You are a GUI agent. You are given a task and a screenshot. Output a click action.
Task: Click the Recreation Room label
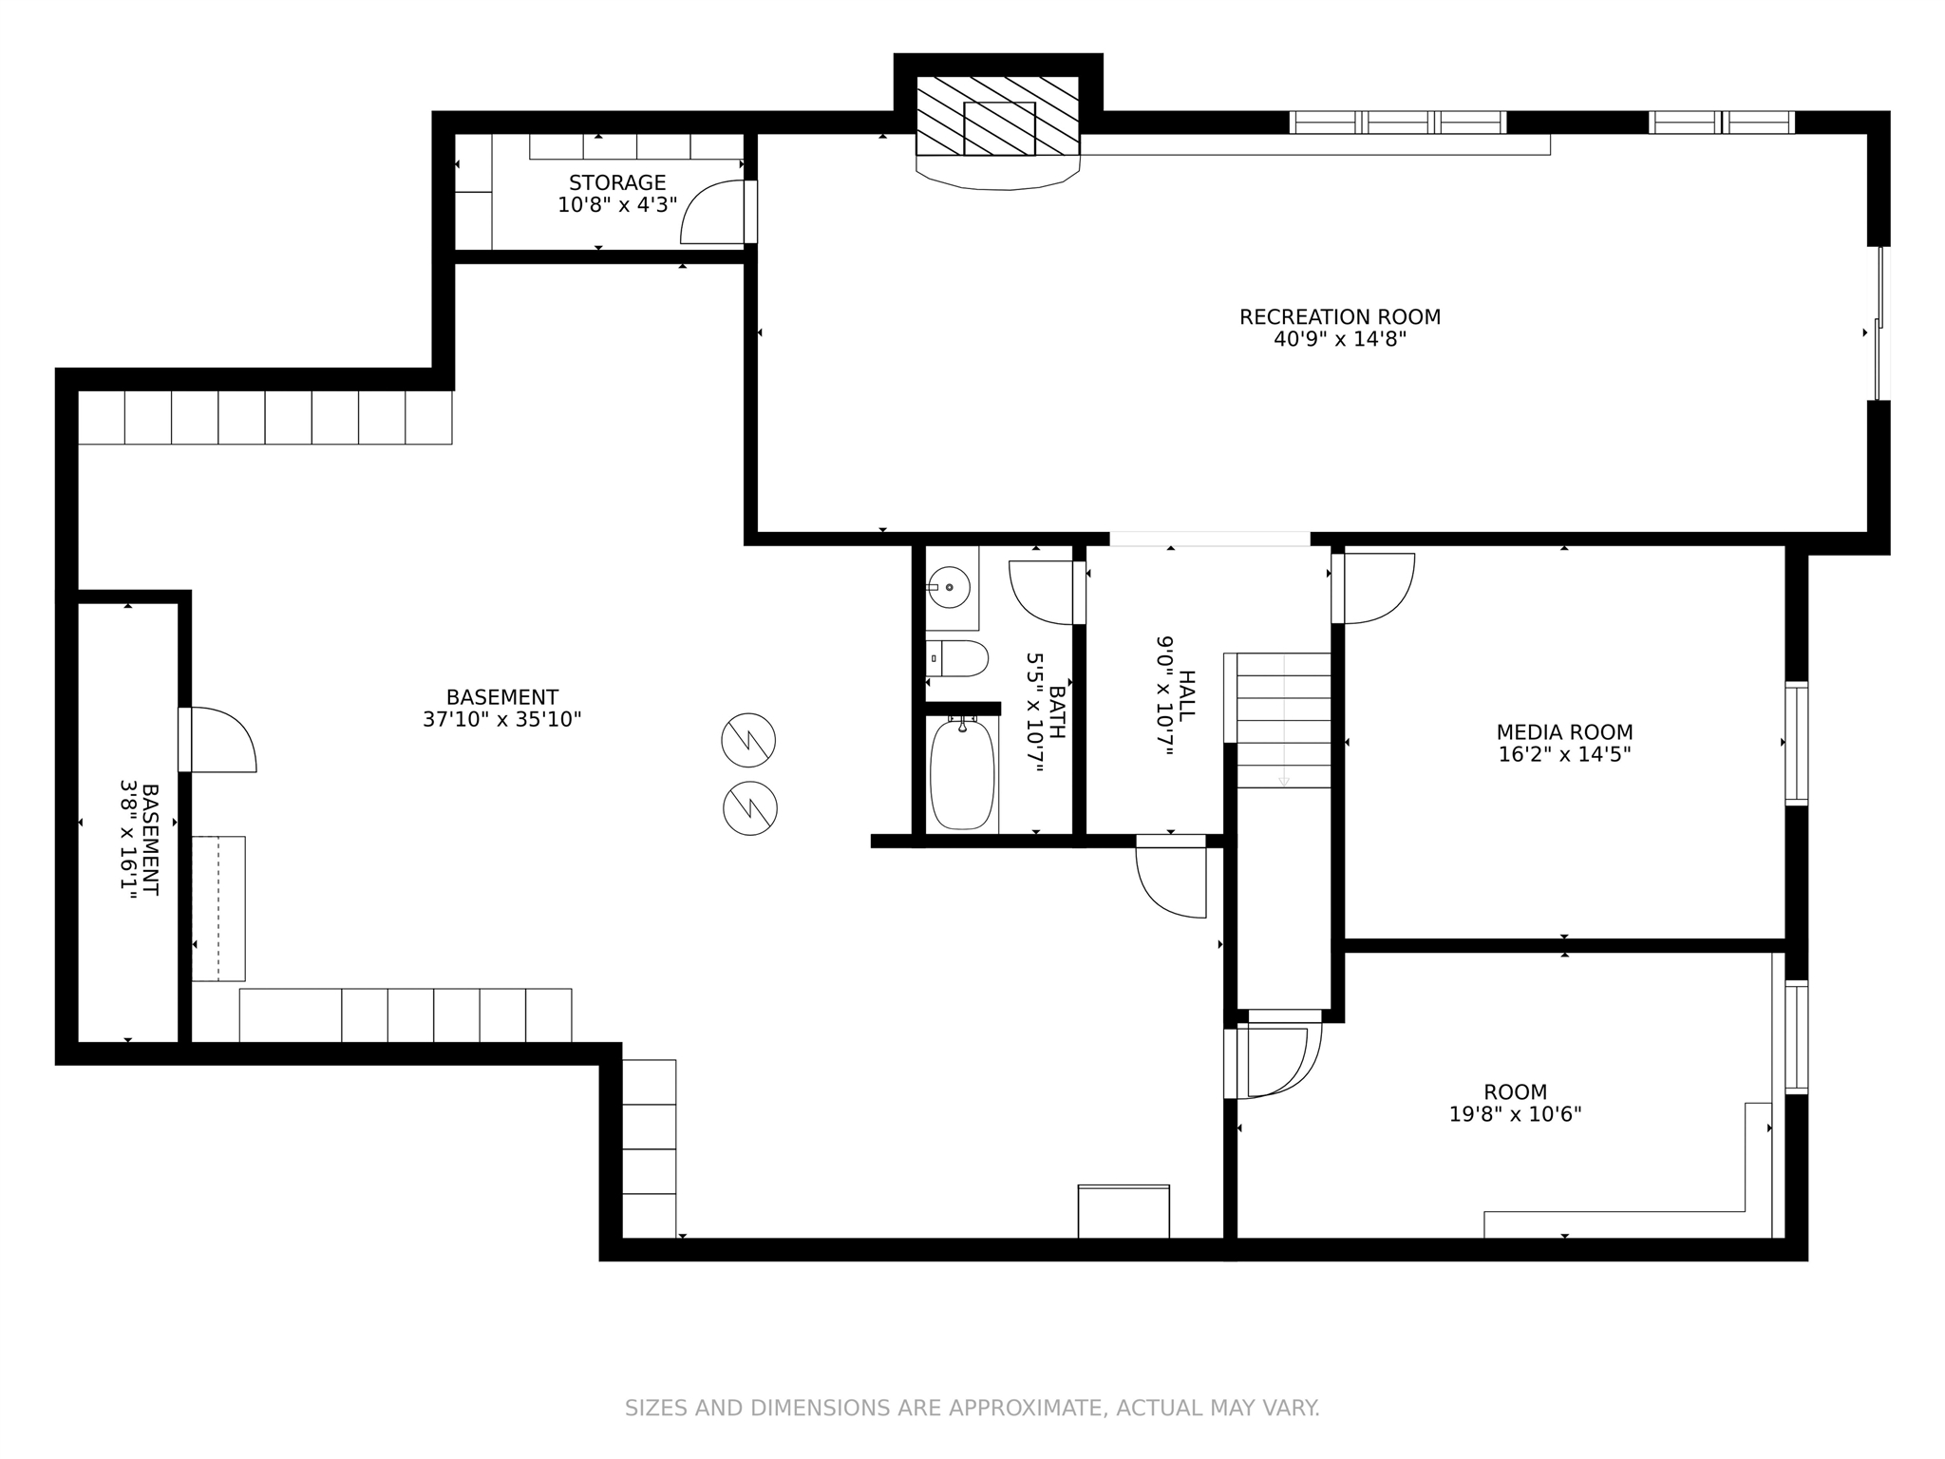[x=1339, y=317]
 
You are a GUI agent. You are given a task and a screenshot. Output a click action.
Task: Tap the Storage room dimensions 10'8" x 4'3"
[x=617, y=204]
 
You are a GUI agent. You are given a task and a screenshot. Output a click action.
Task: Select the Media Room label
[x=1564, y=732]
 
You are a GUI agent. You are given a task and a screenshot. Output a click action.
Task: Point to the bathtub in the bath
[x=962, y=774]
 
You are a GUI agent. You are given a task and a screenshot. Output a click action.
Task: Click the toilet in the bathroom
[x=957, y=658]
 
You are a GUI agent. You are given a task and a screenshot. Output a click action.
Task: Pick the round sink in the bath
[x=949, y=587]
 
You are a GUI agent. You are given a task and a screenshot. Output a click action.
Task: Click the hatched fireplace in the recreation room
[x=998, y=116]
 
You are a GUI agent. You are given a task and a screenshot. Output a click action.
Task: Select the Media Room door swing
[x=1373, y=589]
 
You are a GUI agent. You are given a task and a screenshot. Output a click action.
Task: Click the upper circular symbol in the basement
[x=748, y=740]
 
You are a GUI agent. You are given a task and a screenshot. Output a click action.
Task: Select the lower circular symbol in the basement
[x=750, y=808]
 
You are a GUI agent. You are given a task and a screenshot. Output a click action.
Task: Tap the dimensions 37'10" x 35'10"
[x=501, y=720]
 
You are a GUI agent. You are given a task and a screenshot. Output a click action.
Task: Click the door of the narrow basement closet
[x=217, y=740]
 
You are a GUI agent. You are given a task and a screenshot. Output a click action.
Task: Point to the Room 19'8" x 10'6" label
[x=1515, y=1104]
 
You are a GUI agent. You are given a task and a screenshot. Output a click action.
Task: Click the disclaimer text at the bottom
[x=972, y=1408]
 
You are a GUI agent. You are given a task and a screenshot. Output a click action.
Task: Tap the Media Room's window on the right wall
[x=1796, y=744]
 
